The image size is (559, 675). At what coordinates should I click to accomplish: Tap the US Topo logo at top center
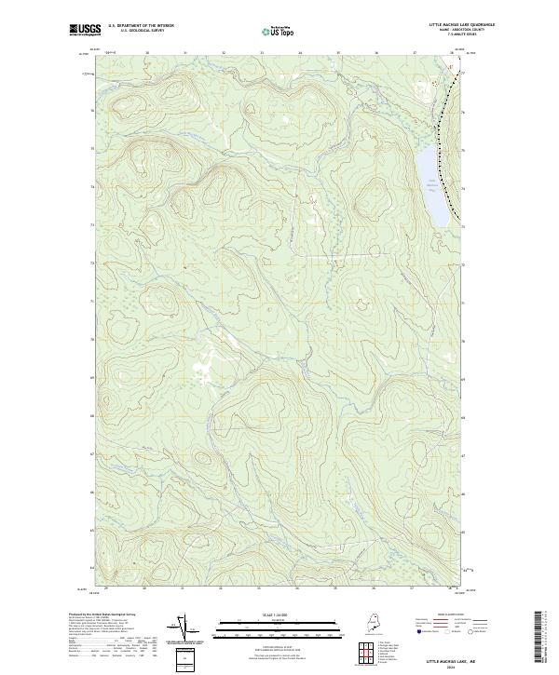279,31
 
